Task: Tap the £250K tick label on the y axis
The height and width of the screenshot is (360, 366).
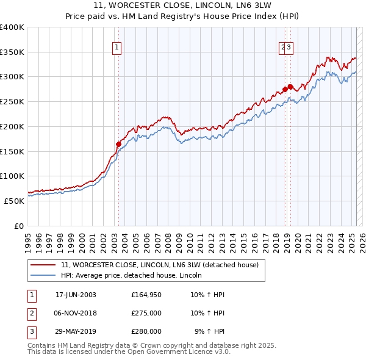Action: click(x=12, y=101)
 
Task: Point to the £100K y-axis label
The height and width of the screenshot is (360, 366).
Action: click(x=12, y=176)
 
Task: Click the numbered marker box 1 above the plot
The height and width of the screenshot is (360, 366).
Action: click(x=116, y=49)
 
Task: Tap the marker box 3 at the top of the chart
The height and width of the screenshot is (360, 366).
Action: click(x=290, y=49)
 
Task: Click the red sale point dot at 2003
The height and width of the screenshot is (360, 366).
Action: click(x=118, y=144)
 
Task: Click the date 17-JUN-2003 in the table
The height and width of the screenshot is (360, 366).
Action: click(x=76, y=295)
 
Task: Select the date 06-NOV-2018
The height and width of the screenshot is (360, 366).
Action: click(x=76, y=313)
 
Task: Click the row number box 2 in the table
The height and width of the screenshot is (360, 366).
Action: click(x=31, y=313)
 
